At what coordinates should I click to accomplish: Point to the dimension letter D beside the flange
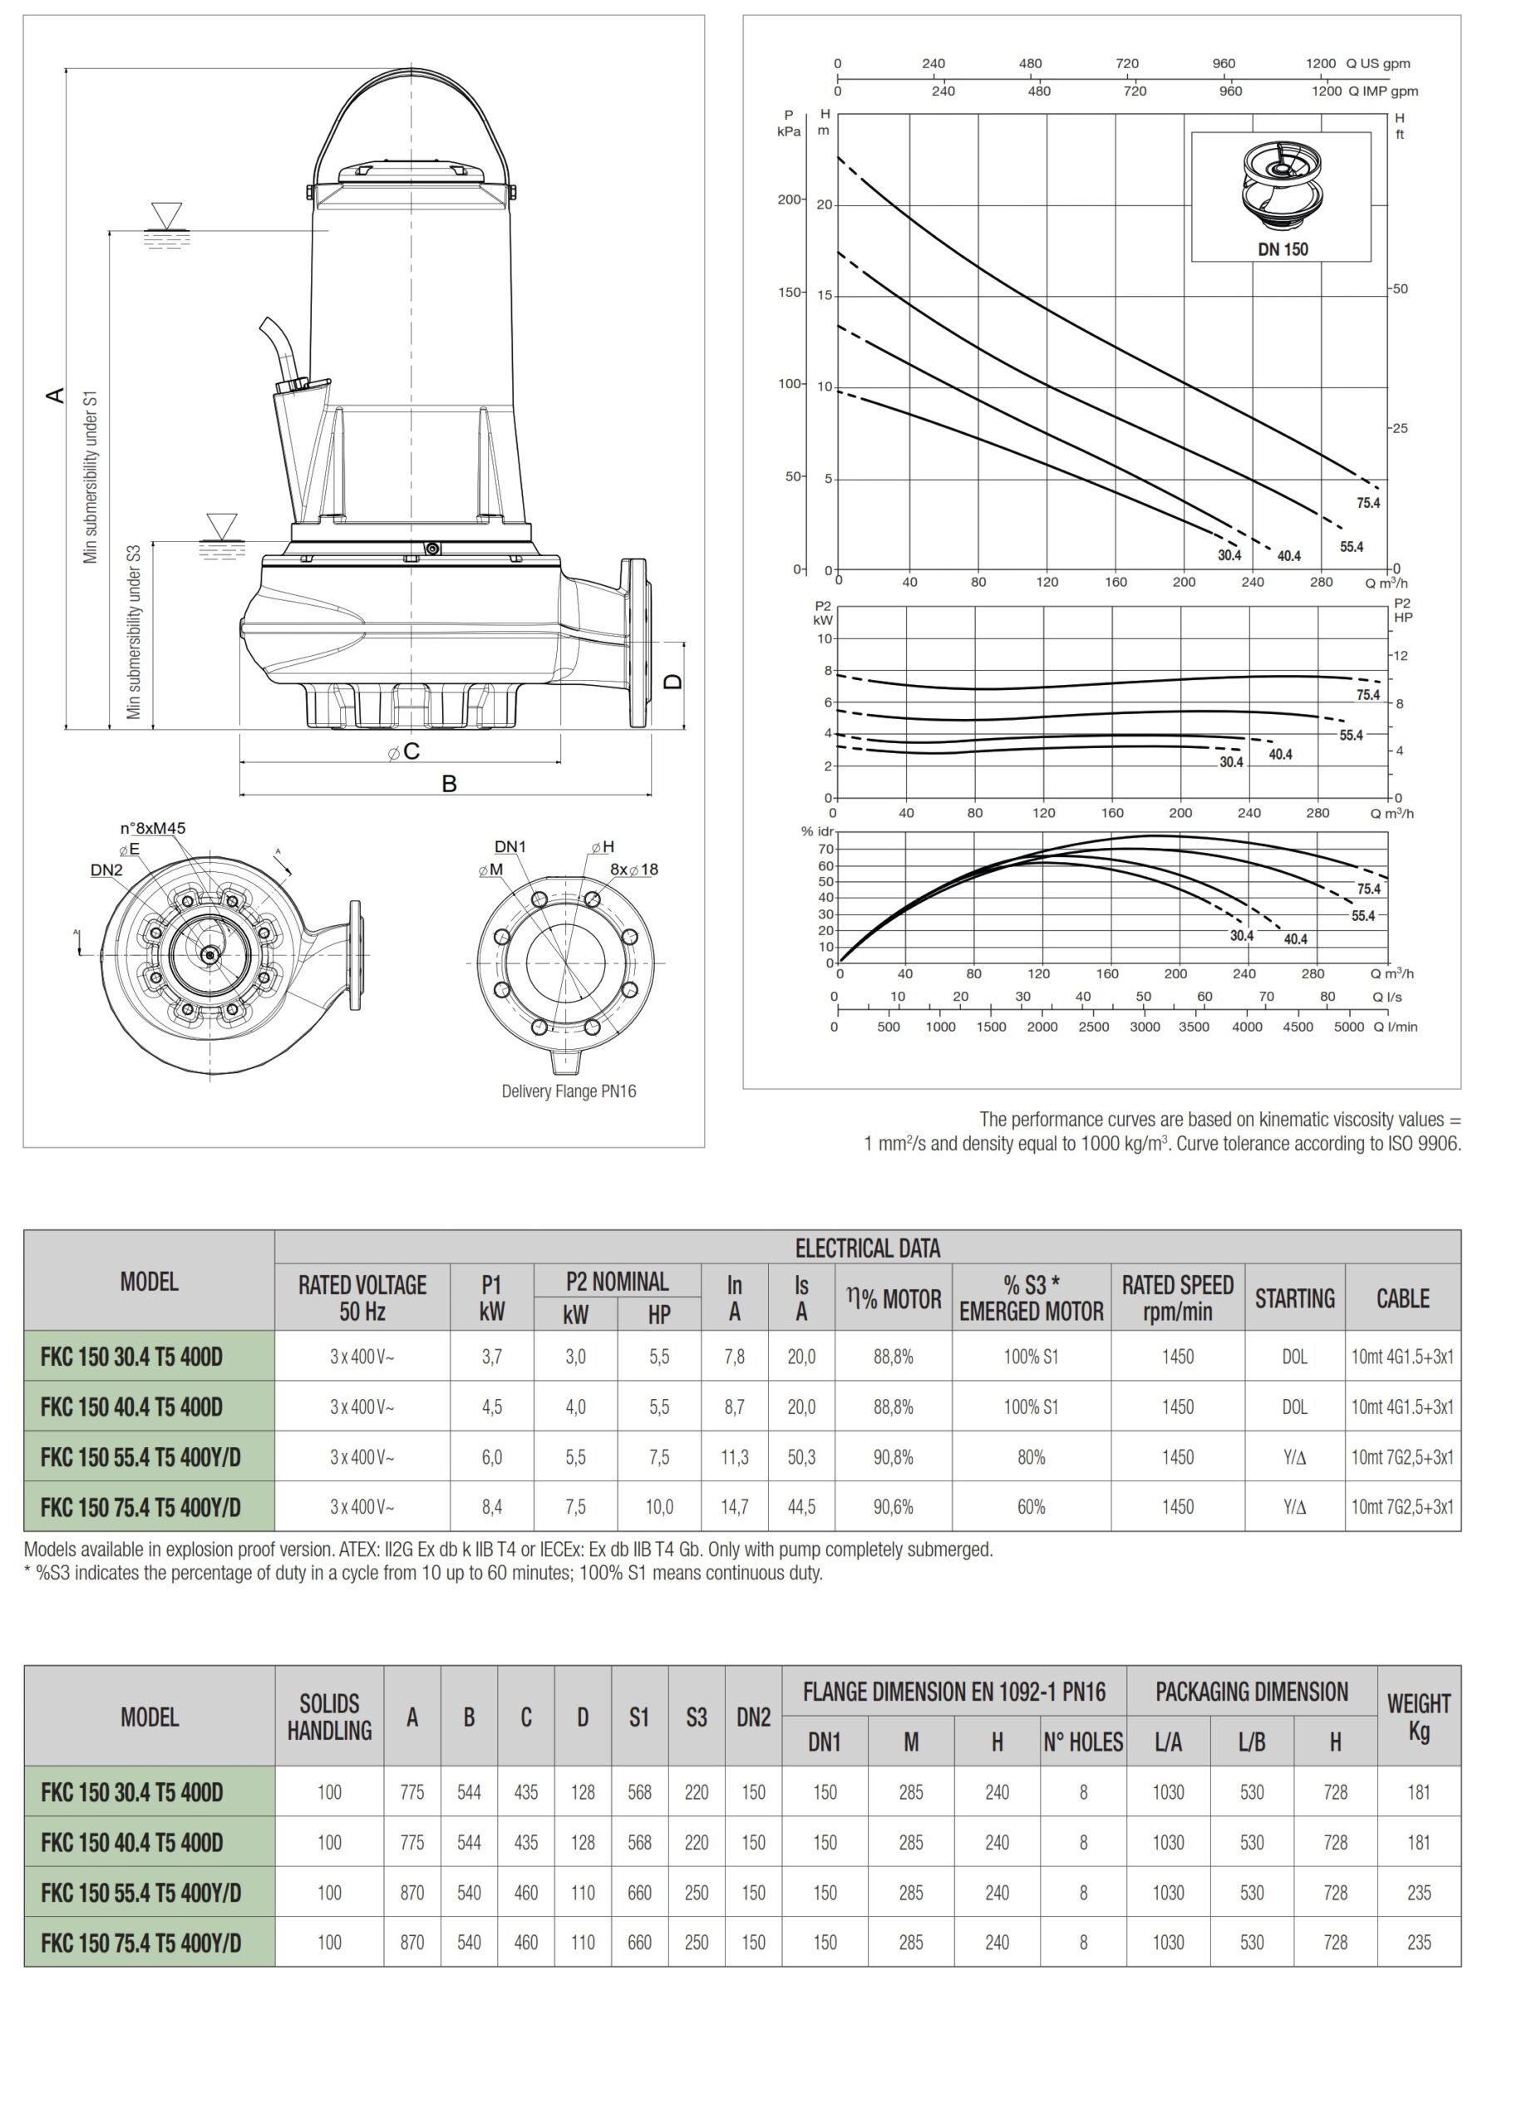[673, 682]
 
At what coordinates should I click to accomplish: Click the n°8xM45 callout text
[153, 828]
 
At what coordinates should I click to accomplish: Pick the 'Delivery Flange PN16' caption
[568, 1091]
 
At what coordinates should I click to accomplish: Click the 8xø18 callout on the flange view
[633, 869]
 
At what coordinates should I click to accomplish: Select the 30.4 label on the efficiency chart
[1241, 936]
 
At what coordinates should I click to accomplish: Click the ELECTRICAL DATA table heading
[867, 1249]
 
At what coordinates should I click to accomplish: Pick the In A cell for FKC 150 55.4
[734, 1457]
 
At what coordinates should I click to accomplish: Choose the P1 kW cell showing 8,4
[491, 1507]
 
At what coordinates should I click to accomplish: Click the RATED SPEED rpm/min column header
[1177, 1298]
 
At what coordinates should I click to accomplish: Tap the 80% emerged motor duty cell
[1031, 1457]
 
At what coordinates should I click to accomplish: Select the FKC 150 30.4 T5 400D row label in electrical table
[131, 1357]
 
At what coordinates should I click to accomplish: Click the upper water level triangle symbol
[167, 214]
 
